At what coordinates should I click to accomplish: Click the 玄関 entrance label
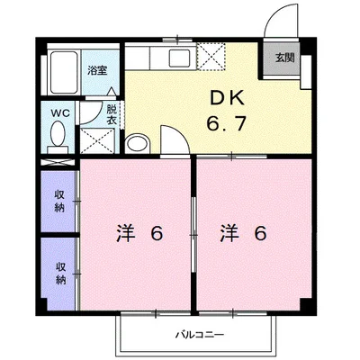[x=283, y=58]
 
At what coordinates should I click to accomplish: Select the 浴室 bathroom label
[x=96, y=68]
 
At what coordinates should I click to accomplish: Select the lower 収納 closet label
[x=60, y=273]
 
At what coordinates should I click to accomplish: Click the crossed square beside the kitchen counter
[x=212, y=57]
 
